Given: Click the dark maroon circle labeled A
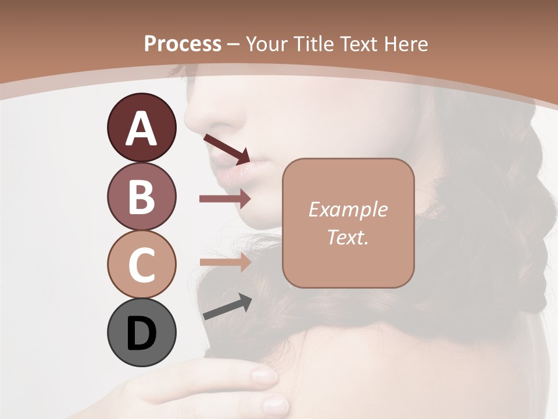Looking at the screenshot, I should click(141, 127).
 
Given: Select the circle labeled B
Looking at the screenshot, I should click(141, 196).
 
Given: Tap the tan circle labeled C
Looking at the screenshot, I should click(141, 264).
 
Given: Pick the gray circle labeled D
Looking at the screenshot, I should click(141, 333).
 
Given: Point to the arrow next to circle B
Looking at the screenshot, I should click(225, 199).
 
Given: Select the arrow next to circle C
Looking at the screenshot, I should click(225, 262).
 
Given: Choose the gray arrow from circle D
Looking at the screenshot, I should click(227, 307).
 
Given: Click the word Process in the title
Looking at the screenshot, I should click(183, 44).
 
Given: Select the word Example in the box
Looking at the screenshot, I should click(348, 210).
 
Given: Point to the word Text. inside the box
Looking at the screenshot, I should click(348, 237).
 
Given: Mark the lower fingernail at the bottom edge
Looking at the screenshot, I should click(274, 404).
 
